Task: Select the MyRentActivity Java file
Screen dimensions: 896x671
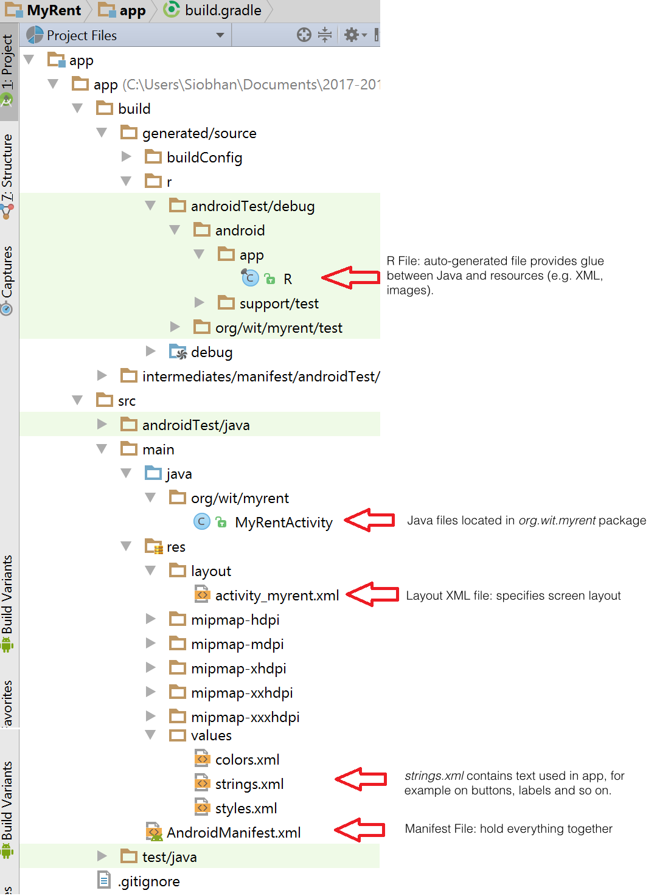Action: (283, 523)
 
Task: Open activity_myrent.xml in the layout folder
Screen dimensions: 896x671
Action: (276, 596)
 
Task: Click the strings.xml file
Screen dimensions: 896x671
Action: (249, 784)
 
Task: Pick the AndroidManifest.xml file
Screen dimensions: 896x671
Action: (233, 833)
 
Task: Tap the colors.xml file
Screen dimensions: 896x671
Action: (246, 760)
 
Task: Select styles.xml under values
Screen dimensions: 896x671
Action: (246, 808)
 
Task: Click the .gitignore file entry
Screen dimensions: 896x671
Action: (148, 881)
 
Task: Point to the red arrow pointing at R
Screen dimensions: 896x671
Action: (350, 277)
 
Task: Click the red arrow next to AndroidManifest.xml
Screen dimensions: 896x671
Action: (360, 830)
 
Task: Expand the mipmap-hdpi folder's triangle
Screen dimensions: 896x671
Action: (150, 619)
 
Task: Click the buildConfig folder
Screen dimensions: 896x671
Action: (204, 158)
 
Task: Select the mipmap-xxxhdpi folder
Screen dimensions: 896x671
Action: (245, 717)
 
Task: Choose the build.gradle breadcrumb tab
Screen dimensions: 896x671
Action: (222, 10)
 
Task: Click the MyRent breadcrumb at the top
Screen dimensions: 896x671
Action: (54, 10)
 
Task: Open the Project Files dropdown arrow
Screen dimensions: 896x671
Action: (220, 35)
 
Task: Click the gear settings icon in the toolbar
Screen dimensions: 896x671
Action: (352, 35)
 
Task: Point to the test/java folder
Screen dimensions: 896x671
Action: (169, 857)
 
